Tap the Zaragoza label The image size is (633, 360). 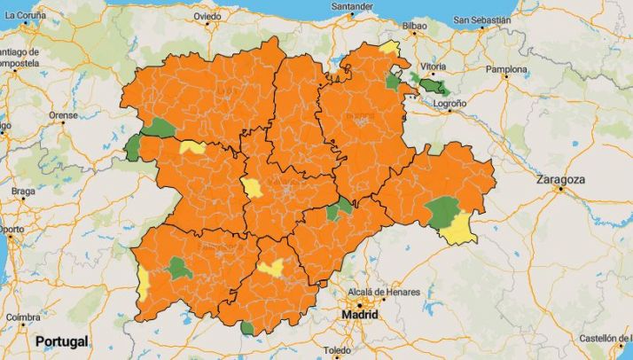(560, 179)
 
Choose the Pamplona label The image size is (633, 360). (506, 69)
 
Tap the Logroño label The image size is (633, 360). (449, 104)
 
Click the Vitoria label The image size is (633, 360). (433, 67)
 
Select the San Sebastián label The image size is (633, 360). (481, 20)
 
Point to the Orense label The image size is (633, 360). (63, 115)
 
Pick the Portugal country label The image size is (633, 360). (61, 341)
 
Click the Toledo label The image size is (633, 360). (338, 350)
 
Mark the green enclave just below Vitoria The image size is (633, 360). (434, 87)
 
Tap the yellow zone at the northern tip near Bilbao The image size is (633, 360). (388, 47)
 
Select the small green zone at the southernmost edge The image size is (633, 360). (246, 329)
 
